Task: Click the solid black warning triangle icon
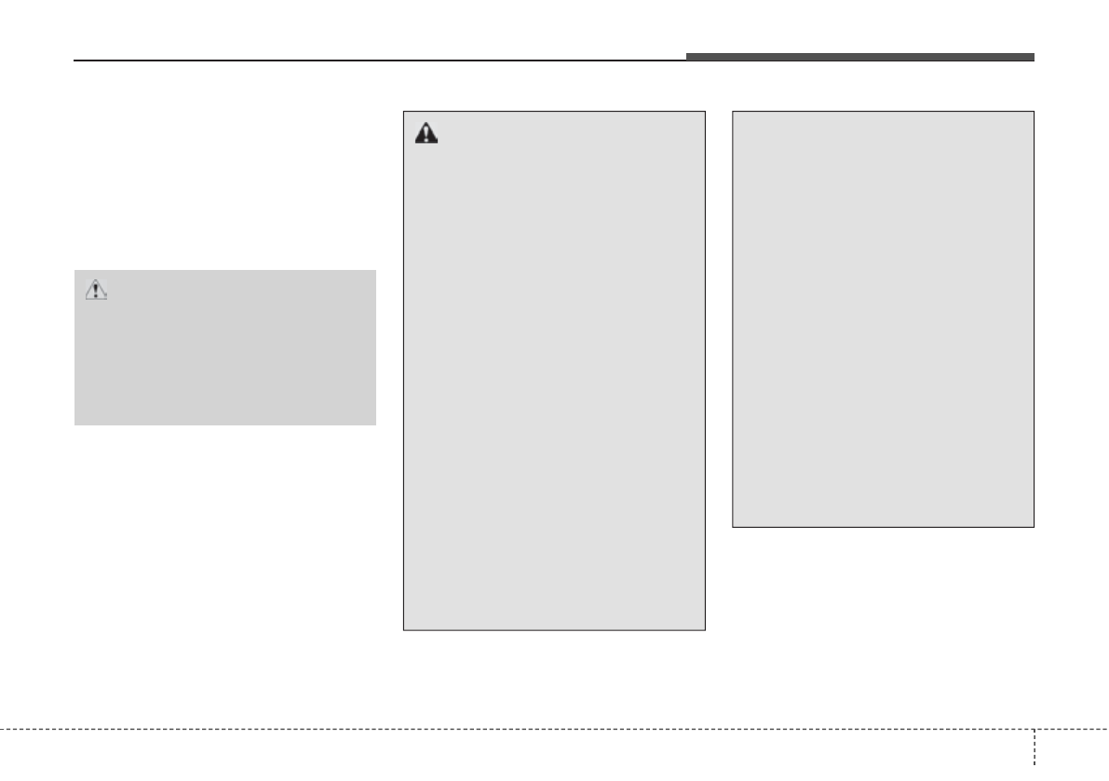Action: click(426, 133)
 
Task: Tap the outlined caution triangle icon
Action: click(96, 290)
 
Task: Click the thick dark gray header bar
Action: click(859, 57)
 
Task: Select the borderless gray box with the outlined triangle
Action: click(224, 348)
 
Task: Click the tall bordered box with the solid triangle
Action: click(554, 372)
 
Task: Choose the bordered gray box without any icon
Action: click(883, 319)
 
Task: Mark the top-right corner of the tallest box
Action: click(705, 113)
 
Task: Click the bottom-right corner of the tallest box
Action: click(705, 630)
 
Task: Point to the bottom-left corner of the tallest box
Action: click(403, 630)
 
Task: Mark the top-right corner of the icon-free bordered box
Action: click(1034, 113)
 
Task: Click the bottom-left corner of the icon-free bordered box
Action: click(733, 527)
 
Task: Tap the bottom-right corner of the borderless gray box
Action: click(375, 424)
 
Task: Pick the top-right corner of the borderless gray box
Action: click(375, 271)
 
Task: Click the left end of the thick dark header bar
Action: click(688, 57)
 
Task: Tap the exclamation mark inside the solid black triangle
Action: click(426, 135)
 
